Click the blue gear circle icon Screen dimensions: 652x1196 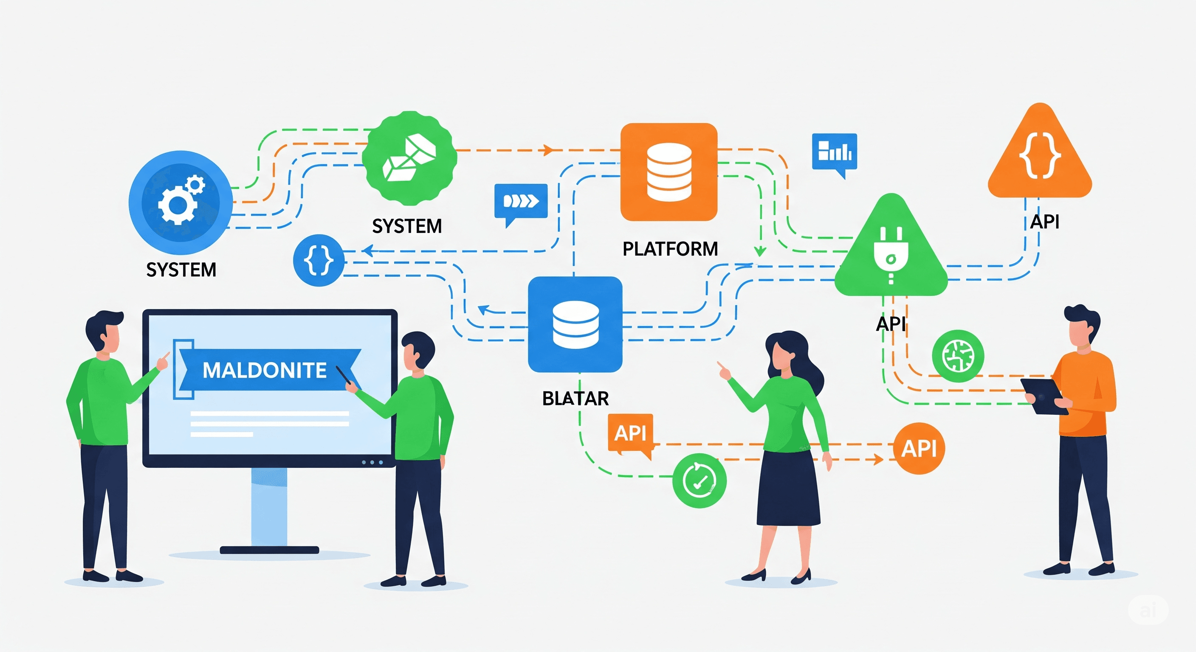181,202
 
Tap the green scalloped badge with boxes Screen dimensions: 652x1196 409,158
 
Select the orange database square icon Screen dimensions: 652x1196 669,171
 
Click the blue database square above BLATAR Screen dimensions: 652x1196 575,324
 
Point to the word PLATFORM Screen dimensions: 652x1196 670,249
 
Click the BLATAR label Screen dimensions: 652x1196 575,398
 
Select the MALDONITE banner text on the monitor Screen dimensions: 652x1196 265,370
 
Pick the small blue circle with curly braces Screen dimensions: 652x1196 319,260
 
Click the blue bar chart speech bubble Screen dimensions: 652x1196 834,152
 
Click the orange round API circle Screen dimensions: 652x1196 919,448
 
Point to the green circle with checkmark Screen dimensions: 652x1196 699,481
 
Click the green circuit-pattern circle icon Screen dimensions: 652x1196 958,356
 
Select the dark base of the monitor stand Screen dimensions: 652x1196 269,550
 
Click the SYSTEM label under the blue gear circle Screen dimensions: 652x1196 181,270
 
